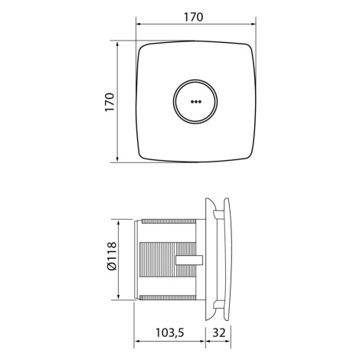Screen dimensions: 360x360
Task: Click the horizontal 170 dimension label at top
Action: [194, 17]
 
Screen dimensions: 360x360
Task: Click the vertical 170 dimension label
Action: [110, 102]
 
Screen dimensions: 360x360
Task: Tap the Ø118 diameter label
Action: [111, 256]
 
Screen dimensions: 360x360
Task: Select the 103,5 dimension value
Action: [170, 332]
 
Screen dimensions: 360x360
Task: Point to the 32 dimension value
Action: [219, 332]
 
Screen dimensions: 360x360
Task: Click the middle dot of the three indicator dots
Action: [196, 102]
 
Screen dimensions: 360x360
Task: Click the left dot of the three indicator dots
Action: [192, 102]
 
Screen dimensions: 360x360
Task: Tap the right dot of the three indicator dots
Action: [200, 102]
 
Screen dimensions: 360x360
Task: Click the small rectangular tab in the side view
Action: [189, 260]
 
